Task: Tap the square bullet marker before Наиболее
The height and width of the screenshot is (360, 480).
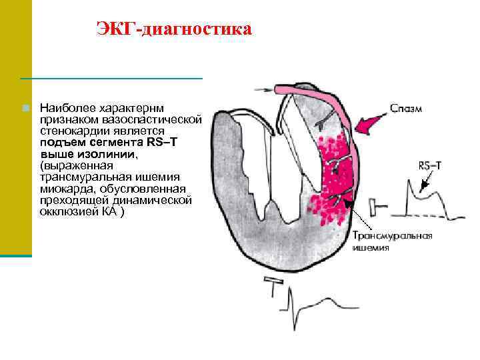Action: pyautogui.click(x=25, y=107)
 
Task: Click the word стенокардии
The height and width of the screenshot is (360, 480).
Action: pyautogui.click(x=70, y=131)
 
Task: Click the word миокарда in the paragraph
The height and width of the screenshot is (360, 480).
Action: pyautogui.click(x=63, y=189)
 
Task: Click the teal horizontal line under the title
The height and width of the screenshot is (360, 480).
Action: pyautogui.click(x=111, y=79)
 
